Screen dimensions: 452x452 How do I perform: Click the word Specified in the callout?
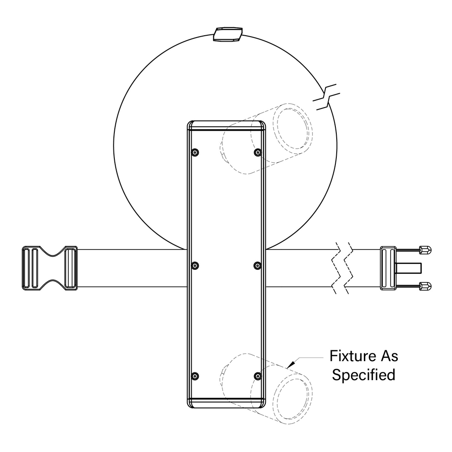[363, 375]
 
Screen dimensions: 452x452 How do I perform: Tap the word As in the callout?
[390, 356]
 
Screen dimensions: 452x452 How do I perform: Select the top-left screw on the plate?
[195, 152]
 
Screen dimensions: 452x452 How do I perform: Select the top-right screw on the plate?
[258, 152]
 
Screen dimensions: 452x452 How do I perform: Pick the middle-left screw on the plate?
[195, 265]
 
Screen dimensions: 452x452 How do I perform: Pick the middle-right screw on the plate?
[258, 265]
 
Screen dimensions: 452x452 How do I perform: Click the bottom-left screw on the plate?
[195, 376]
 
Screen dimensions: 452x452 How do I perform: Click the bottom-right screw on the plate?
[258, 376]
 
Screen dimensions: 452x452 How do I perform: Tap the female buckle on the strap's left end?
[50, 268]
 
